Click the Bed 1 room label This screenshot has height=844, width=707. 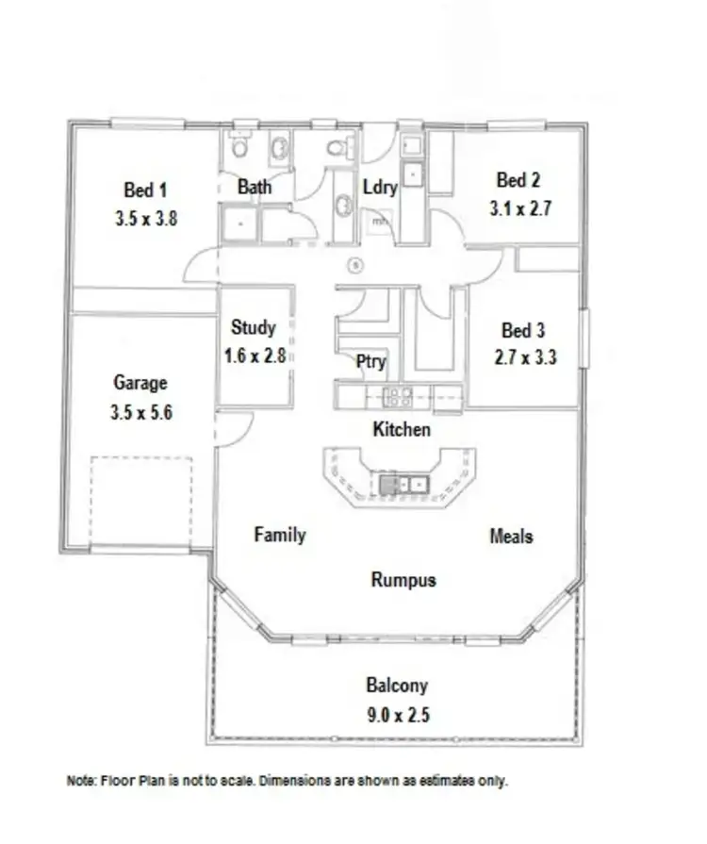pyautogui.click(x=145, y=188)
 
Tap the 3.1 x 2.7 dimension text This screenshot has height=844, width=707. pyautogui.click(x=519, y=208)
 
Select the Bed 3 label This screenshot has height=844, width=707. pyautogui.click(x=523, y=330)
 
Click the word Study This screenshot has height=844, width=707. pyautogui.click(x=254, y=327)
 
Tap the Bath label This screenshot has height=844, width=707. pyautogui.click(x=255, y=187)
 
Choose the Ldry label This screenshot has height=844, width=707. pyautogui.click(x=380, y=187)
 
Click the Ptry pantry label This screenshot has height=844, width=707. pyautogui.click(x=370, y=361)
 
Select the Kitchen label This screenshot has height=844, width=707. pyautogui.click(x=402, y=430)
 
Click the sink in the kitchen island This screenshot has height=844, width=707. pyautogui.click(x=403, y=485)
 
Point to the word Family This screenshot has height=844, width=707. pyautogui.click(x=280, y=535)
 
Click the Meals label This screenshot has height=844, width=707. pyautogui.click(x=511, y=536)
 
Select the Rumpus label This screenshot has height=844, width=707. pyautogui.click(x=403, y=579)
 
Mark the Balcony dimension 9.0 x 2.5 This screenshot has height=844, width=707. pyautogui.click(x=397, y=715)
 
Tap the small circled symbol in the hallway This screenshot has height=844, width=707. pyautogui.click(x=355, y=265)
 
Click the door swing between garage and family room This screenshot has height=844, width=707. pyautogui.click(x=234, y=428)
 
